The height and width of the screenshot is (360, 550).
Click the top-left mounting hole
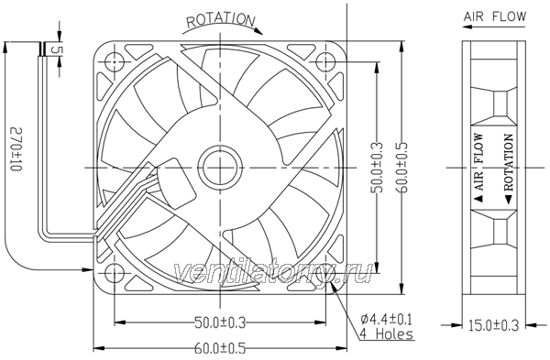click(115, 61)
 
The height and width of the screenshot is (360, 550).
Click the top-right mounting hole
click(325, 61)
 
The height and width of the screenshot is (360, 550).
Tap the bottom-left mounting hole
click(115, 272)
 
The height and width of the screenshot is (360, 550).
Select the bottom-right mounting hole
click(325, 272)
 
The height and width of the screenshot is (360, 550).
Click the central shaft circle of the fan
click(220, 168)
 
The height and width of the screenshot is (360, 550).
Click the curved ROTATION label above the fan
click(220, 20)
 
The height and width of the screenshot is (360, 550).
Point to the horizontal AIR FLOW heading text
click(495, 16)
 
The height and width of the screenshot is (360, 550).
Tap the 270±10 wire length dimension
click(16, 149)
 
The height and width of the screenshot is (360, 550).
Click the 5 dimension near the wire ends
click(56, 49)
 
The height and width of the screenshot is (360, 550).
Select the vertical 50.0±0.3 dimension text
click(377, 168)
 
